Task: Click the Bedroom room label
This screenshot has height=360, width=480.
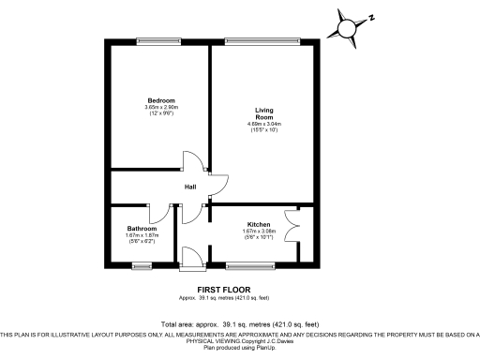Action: point(160,100)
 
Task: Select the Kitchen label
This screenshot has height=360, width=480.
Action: point(259,225)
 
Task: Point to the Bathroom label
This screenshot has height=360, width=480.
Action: point(143,229)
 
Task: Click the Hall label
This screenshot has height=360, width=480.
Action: point(189,186)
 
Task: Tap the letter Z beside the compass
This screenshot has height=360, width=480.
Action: point(371,17)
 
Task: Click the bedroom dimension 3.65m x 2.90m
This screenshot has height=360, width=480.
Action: point(160,107)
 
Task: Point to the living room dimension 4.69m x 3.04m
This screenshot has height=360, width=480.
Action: point(264,124)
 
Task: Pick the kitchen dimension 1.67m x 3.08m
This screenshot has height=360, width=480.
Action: point(259,232)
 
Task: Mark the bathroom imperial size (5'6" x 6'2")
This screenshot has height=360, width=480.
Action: point(143,242)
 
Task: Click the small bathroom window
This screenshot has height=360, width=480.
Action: point(142,267)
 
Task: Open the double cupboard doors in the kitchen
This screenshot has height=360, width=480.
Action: point(298,225)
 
